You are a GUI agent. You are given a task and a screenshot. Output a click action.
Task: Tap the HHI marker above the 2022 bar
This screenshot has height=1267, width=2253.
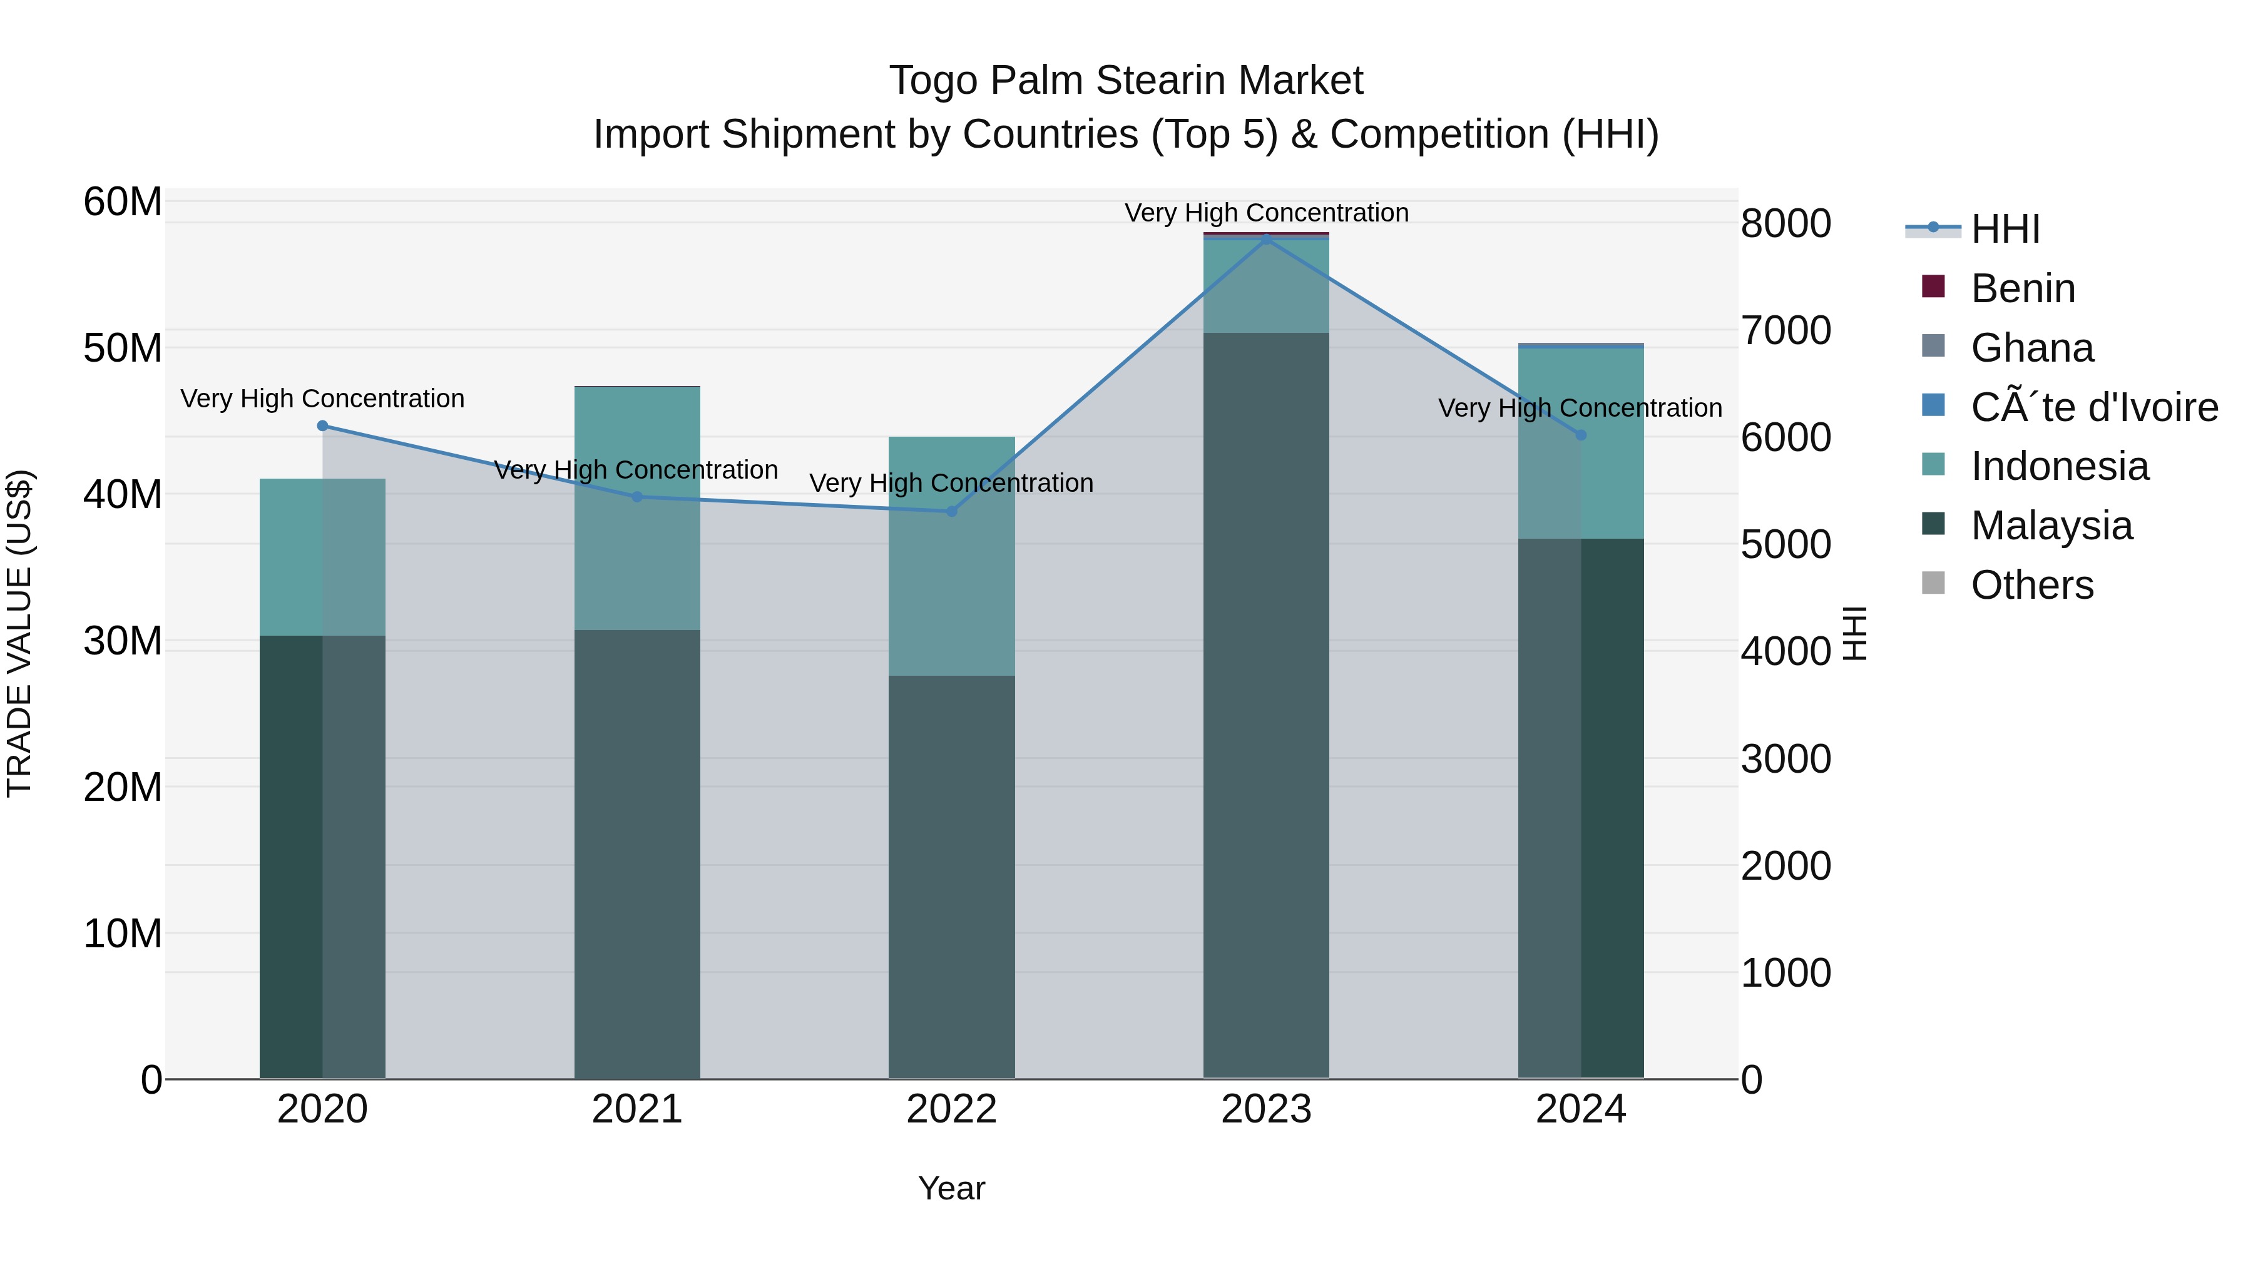tap(951, 512)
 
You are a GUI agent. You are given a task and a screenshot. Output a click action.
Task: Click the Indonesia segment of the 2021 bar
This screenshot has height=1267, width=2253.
tap(636, 507)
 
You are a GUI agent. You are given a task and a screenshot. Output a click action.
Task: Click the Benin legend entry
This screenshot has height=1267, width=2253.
tap(2022, 288)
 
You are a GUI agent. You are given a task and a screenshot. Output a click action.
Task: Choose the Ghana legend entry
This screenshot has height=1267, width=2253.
tap(2031, 348)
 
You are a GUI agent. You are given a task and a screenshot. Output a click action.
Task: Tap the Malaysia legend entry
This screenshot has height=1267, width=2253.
tap(2050, 526)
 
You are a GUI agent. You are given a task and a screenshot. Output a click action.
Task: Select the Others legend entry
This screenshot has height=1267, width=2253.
tap(2031, 585)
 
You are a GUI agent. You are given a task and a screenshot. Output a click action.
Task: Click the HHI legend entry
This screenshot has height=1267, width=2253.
tap(2004, 229)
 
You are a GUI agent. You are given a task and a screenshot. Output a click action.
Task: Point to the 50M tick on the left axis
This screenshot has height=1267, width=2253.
tap(123, 348)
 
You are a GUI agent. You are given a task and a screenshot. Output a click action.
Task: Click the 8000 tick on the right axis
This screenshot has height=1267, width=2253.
tap(1785, 224)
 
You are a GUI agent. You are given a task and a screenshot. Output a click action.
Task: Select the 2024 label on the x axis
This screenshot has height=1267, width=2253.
tap(1580, 1109)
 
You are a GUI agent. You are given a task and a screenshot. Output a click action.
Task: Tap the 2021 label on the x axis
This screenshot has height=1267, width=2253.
tap(636, 1109)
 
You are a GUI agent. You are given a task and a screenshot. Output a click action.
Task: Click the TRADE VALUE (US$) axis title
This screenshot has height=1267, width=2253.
tap(19, 633)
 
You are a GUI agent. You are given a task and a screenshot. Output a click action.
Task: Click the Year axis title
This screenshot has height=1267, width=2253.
tap(951, 1188)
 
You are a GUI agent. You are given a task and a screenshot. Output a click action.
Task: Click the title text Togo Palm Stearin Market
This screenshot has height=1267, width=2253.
tap(1126, 81)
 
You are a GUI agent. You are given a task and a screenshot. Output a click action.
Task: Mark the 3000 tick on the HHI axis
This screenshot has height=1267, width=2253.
tap(1785, 759)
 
